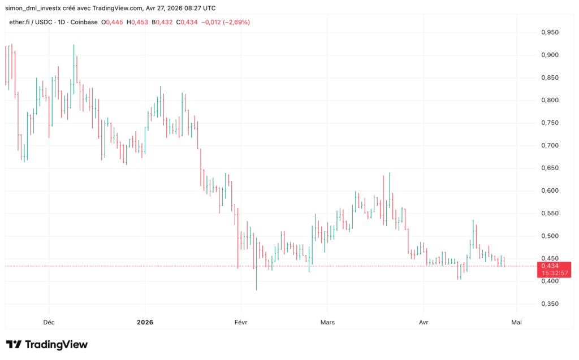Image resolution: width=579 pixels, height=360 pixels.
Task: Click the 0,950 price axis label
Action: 550,32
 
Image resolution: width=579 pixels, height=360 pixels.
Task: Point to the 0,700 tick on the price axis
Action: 550,145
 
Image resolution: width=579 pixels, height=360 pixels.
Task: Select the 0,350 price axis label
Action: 550,303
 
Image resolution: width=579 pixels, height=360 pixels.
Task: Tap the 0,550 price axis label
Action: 550,213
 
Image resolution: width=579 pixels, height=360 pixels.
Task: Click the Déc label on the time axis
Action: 49,322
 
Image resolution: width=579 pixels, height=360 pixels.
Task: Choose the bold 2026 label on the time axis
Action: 145,322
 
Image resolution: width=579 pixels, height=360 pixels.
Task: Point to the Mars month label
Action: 327,322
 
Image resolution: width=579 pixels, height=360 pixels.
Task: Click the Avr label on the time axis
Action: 424,322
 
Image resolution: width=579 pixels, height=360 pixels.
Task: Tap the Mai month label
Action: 516,322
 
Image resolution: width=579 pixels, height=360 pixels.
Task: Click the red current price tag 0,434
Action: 550,266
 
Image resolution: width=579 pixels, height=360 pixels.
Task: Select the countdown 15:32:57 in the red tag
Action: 550,273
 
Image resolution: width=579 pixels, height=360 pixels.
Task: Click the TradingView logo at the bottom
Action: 47,344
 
